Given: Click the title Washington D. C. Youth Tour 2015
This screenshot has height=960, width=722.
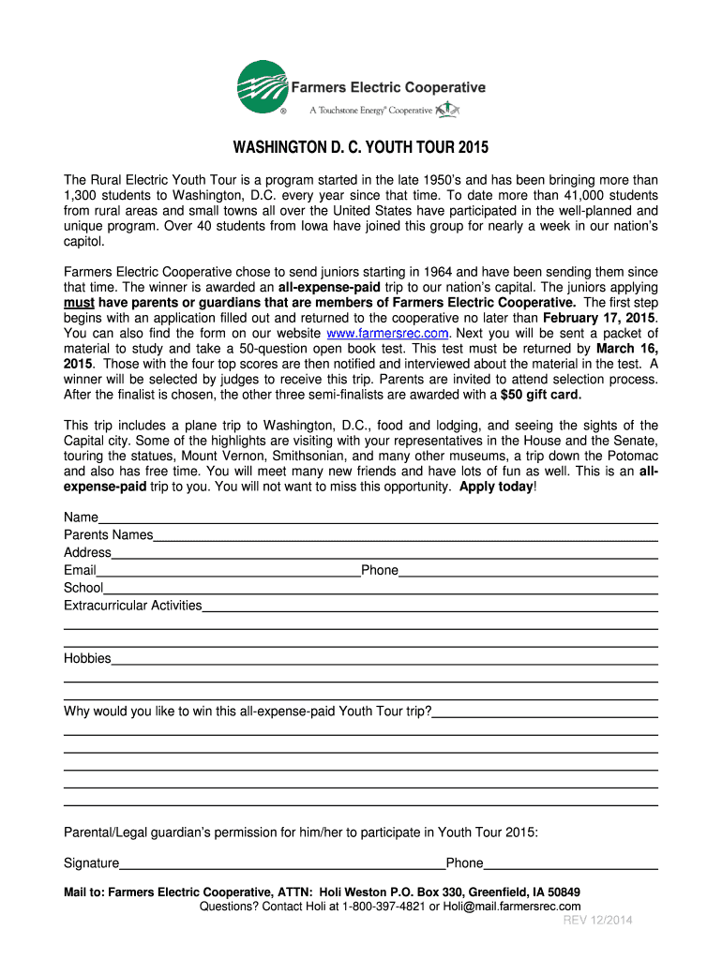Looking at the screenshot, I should coord(361,149).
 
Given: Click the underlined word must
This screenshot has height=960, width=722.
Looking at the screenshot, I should coord(79,303).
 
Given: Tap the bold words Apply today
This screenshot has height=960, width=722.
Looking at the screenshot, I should coord(496,487).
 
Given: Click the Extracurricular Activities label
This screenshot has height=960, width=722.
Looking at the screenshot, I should coord(132,606).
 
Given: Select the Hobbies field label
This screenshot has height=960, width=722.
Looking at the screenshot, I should coord(87,659).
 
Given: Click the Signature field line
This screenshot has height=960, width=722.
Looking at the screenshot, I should coord(281,864).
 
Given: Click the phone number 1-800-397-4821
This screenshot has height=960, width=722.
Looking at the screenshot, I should coord(384,907).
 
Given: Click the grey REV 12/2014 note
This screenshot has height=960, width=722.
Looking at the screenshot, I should coord(597,921).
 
